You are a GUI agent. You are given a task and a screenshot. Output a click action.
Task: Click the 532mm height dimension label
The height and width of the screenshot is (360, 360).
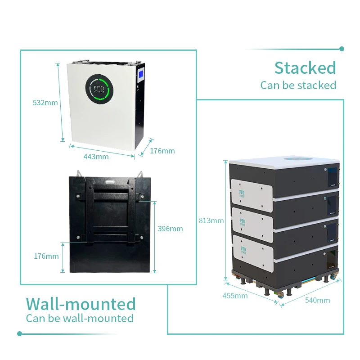point(45,103)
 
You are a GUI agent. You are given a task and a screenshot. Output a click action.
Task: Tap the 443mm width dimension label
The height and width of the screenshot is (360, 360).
point(96,157)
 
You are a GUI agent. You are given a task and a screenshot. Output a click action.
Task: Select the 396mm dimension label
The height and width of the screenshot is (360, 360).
point(170,229)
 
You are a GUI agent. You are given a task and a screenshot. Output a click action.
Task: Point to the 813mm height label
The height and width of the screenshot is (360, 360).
point(211,220)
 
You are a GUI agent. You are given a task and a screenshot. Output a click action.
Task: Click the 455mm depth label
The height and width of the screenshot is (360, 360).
point(235,296)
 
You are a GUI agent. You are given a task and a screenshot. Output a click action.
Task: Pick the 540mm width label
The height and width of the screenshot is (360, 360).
point(317,300)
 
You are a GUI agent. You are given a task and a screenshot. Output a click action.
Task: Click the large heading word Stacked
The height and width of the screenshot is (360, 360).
point(305,68)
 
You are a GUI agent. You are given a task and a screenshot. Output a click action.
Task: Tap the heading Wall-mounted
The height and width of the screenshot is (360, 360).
point(81,304)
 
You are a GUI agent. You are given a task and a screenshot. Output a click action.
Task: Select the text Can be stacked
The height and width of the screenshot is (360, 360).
point(298,85)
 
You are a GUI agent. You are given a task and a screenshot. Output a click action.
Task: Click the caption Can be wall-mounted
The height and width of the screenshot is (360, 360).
point(80,318)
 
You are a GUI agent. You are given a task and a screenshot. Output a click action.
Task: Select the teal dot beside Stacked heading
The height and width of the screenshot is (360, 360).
point(342,49)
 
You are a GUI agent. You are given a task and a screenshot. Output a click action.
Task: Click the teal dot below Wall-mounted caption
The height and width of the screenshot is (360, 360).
point(19,333)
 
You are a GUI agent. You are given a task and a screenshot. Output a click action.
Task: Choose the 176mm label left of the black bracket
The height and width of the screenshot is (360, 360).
point(46,256)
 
